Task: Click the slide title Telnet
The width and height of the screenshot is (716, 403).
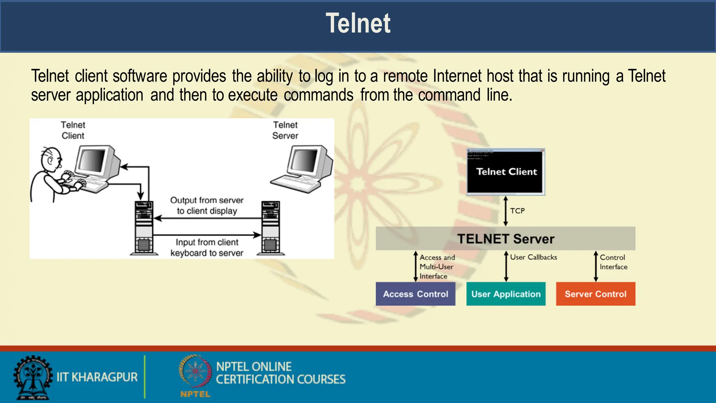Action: [358, 24]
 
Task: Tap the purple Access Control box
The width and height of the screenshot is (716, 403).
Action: [415, 294]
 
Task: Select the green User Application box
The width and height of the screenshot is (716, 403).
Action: [506, 294]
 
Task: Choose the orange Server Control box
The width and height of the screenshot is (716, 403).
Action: [595, 294]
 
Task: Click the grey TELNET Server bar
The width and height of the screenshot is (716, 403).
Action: [505, 239]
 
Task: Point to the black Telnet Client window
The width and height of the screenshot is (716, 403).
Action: [506, 172]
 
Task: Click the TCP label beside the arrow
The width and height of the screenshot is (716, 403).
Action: [517, 211]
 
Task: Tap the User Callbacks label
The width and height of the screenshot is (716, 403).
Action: [533, 257]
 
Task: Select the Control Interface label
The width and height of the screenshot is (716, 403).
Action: [613, 262]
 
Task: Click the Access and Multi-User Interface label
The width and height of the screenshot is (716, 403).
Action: [437, 267]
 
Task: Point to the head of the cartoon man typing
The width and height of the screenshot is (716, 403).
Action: [51, 160]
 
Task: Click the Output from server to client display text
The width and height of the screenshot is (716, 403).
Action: [207, 205]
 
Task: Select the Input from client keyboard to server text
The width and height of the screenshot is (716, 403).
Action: [207, 247]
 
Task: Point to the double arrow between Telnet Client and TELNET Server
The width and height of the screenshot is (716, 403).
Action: [505, 211]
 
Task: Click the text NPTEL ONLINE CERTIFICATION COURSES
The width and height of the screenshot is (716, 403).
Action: [280, 373]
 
